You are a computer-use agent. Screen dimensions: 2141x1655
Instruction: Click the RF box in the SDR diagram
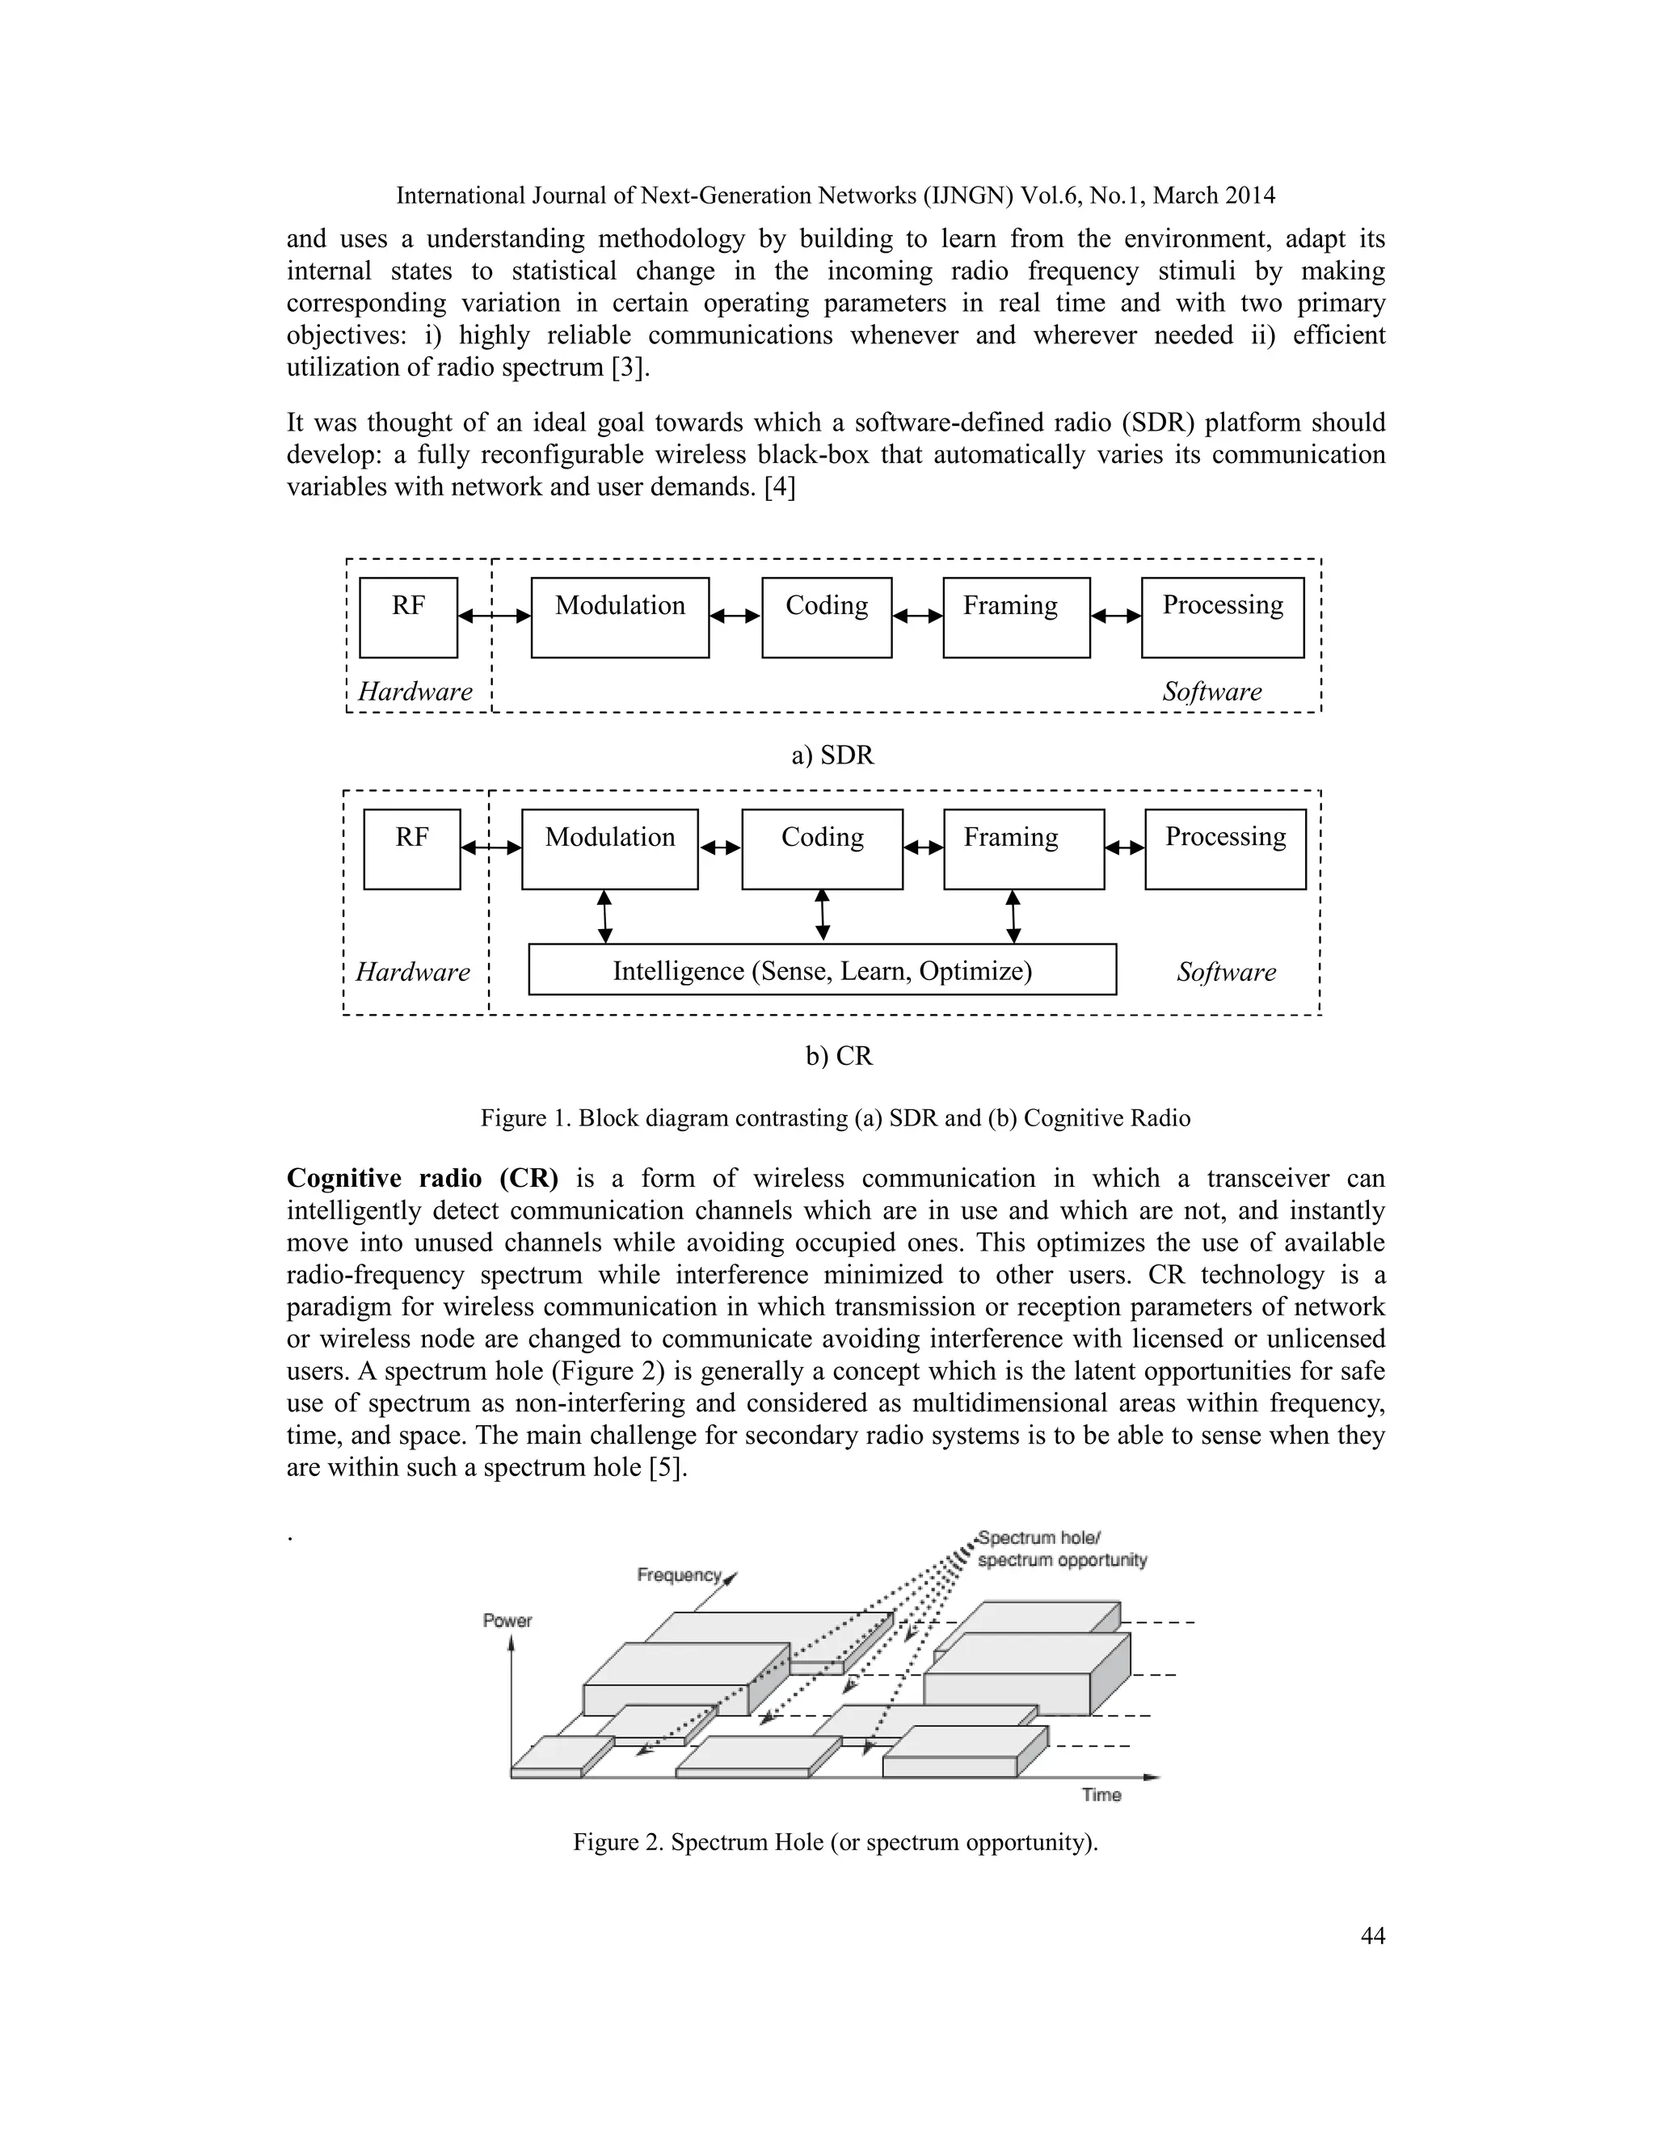(408, 616)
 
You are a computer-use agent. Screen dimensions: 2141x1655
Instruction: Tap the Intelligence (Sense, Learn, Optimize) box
(822, 970)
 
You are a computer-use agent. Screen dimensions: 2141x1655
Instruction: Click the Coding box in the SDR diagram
(826, 616)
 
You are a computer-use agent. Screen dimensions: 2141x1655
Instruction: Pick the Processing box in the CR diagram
(1224, 848)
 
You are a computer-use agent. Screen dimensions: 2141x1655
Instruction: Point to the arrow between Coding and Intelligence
(822, 915)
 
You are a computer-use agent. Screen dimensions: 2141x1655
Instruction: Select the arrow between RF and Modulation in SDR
(494, 616)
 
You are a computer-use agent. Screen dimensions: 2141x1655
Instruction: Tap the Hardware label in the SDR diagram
(415, 691)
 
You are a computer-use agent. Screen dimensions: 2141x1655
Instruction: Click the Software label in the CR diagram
(1226, 971)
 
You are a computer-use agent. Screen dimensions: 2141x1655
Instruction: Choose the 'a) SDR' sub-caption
(832, 755)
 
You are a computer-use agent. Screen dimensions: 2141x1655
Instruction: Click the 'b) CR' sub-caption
(838, 1056)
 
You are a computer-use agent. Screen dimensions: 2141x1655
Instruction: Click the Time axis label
(1101, 1794)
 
